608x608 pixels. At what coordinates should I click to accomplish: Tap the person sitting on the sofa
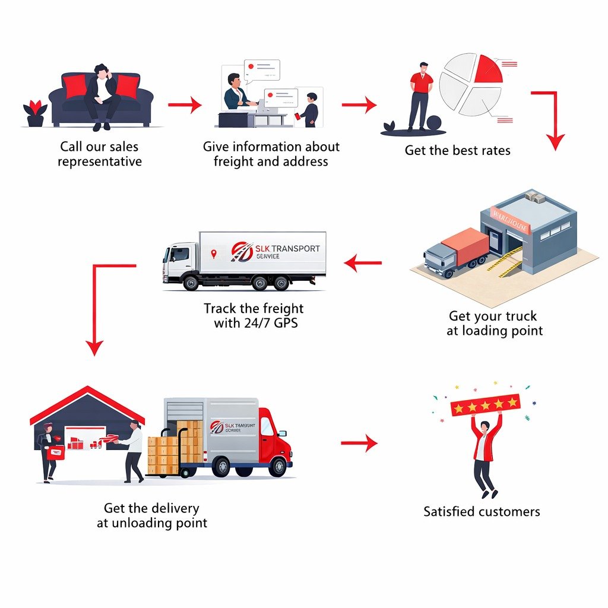[x=102, y=95]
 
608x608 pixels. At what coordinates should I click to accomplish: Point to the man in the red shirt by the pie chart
[x=421, y=95]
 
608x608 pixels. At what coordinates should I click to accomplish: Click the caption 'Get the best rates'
[x=457, y=150]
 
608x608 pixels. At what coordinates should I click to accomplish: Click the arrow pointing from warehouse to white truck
[x=363, y=262]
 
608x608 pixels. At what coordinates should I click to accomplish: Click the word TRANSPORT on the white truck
[x=294, y=249]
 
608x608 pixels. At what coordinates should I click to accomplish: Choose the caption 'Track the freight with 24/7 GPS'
[x=254, y=316]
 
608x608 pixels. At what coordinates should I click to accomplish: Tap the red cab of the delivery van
[x=274, y=436]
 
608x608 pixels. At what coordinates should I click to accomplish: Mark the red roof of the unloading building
[x=88, y=401]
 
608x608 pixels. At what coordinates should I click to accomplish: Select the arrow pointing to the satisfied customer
[x=359, y=443]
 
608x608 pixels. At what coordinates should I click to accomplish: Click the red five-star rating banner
[x=485, y=404]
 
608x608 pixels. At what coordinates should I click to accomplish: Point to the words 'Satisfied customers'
[x=482, y=511]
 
